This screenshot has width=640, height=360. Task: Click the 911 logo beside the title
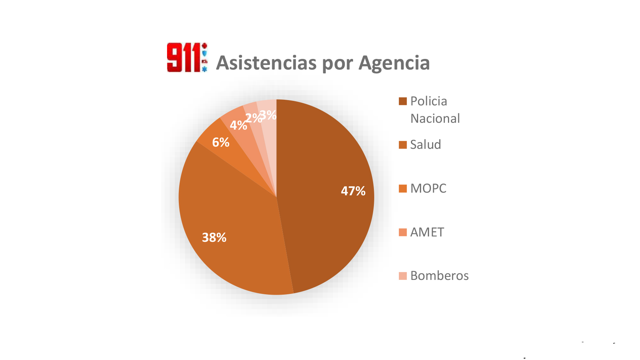click(x=187, y=57)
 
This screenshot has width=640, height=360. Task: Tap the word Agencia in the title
click(x=394, y=63)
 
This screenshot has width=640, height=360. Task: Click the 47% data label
click(x=353, y=191)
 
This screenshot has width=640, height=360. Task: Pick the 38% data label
click(x=214, y=237)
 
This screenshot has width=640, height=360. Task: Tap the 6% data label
click(x=221, y=142)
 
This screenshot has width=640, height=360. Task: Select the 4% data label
click(x=238, y=125)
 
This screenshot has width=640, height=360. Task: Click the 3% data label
click(x=268, y=115)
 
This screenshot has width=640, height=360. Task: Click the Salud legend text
click(x=425, y=145)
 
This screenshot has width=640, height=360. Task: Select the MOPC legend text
click(x=428, y=188)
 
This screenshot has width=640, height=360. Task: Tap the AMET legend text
click(x=427, y=232)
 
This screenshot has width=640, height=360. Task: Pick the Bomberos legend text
click(x=439, y=276)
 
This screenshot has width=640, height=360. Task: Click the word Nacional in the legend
click(x=435, y=119)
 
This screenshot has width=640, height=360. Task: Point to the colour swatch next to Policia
click(x=403, y=101)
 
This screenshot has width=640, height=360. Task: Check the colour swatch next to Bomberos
click(x=403, y=276)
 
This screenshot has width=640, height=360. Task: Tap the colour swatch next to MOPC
click(x=403, y=188)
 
